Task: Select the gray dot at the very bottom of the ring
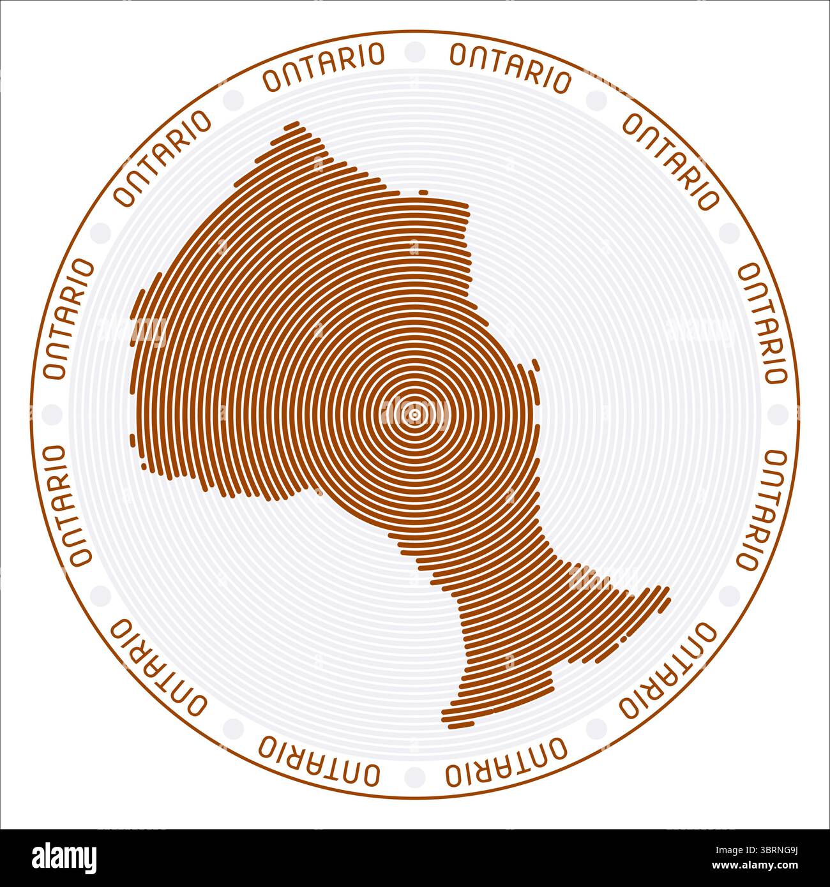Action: [x=414, y=777]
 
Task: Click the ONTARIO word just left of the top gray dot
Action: [x=324, y=66]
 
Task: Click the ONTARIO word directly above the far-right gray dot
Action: [x=762, y=323]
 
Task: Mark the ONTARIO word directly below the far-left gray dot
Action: [x=68, y=505]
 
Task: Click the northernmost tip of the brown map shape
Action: [x=294, y=124]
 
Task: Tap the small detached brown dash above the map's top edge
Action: [x=423, y=191]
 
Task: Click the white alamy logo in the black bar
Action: [x=65, y=857]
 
